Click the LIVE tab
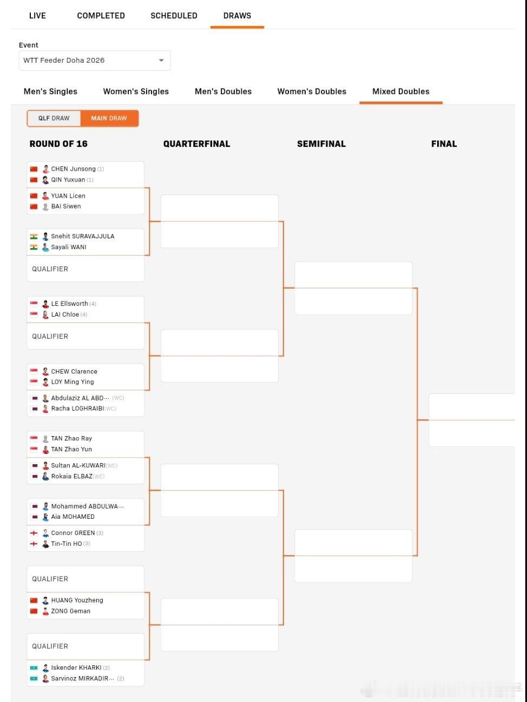point(37,16)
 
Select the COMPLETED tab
point(101,16)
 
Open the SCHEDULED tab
point(174,16)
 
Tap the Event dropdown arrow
point(161,61)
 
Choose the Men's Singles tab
point(50,91)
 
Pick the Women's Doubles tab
point(312,91)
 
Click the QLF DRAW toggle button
point(54,118)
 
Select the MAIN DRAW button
point(109,118)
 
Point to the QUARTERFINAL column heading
point(196,144)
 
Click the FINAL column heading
point(444,144)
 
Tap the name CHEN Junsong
point(73,169)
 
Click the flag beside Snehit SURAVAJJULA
point(34,236)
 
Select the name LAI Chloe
point(65,315)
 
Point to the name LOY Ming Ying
point(73,382)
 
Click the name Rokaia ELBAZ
point(71,477)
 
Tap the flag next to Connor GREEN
point(34,533)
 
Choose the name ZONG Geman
point(71,611)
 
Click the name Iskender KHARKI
point(76,668)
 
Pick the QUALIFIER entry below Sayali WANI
point(50,269)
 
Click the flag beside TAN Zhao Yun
point(34,450)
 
